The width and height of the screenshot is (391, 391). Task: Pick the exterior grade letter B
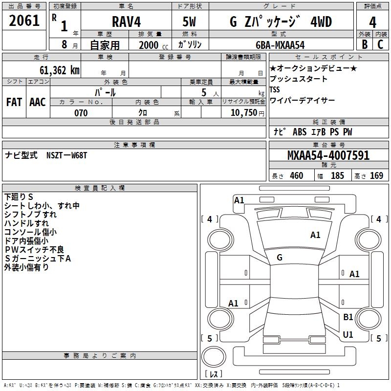[x=364, y=44]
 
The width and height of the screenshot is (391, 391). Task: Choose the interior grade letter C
[x=380, y=44]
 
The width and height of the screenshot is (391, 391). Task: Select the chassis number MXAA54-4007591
[x=328, y=155]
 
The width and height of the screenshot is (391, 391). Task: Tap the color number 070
[x=81, y=113]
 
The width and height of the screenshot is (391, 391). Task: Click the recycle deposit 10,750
[x=243, y=113]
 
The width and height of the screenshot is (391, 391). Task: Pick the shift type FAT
[x=14, y=102]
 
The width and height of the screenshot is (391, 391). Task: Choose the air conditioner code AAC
[x=37, y=102]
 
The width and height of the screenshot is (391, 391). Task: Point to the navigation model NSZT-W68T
[x=66, y=155]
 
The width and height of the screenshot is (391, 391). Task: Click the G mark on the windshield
[x=280, y=258]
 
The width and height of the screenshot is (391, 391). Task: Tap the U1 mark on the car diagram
[x=348, y=335]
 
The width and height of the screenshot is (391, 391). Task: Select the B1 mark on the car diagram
[x=348, y=317]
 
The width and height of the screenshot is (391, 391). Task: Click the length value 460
[x=296, y=176]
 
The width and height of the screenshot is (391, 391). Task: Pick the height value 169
[x=376, y=176]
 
